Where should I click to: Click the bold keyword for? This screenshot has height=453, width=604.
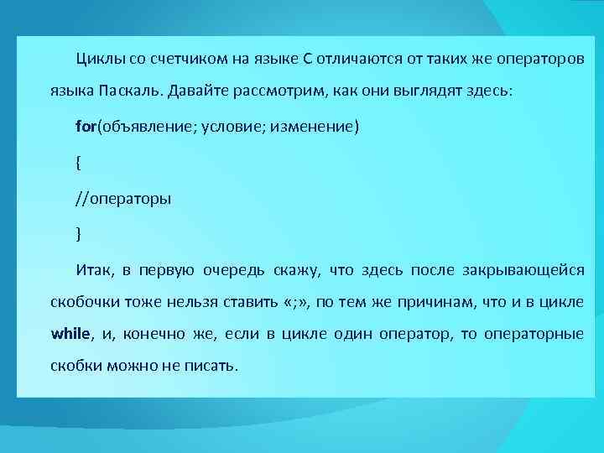(86, 127)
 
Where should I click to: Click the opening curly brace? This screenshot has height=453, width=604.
(78, 164)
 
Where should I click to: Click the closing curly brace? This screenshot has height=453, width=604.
(78, 234)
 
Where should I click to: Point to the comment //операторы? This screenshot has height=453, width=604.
(123, 199)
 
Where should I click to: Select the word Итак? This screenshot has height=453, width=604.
(93, 269)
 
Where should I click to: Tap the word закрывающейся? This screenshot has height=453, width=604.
(522, 269)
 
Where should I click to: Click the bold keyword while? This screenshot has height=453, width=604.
(71, 333)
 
